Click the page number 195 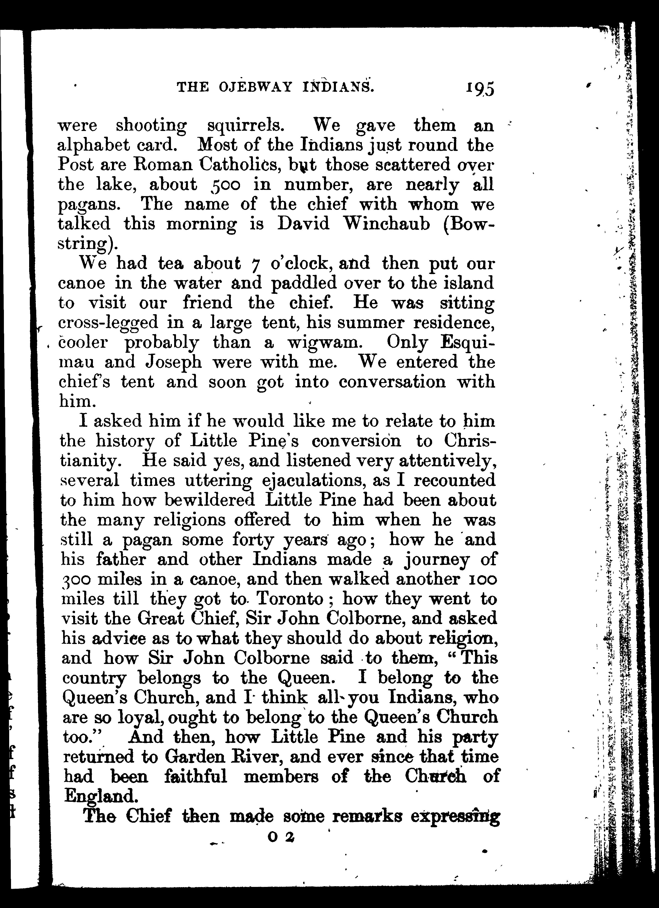pos(480,88)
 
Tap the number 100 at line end pos(483,579)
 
